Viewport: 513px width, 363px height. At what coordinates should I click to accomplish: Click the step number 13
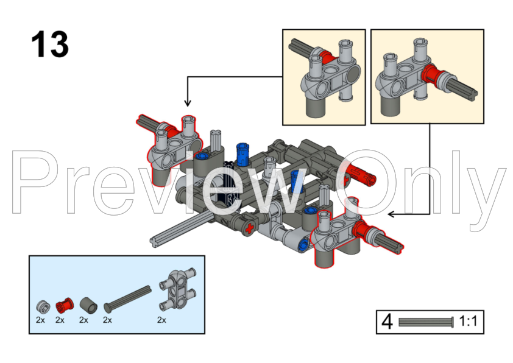pyautogui.click(x=50, y=44)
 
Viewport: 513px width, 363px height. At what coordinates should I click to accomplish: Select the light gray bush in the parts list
pyautogui.click(x=43, y=306)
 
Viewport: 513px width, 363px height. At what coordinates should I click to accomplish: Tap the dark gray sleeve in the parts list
pyautogui.click(x=88, y=305)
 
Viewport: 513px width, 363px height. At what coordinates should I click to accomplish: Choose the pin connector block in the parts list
pyautogui.click(x=178, y=290)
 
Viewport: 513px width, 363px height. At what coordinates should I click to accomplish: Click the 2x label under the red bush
pyautogui.click(x=60, y=320)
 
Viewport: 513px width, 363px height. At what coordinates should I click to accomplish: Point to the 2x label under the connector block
pyautogui.click(x=161, y=320)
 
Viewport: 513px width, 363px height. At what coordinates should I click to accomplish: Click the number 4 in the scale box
pyautogui.click(x=387, y=322)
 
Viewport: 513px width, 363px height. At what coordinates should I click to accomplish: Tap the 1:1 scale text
pyautogui.click(x=468, y=321)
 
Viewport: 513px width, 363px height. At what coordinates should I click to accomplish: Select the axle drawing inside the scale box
pyautogui.click(x=426, y=322)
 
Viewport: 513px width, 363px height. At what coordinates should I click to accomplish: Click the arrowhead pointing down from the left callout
pyautogui.click(x=188, y=102)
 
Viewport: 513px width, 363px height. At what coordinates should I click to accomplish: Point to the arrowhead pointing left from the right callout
pyautogui.click(x=392, y=214)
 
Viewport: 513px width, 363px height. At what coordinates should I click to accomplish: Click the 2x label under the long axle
pyautogui.click(x=107, y=320)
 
